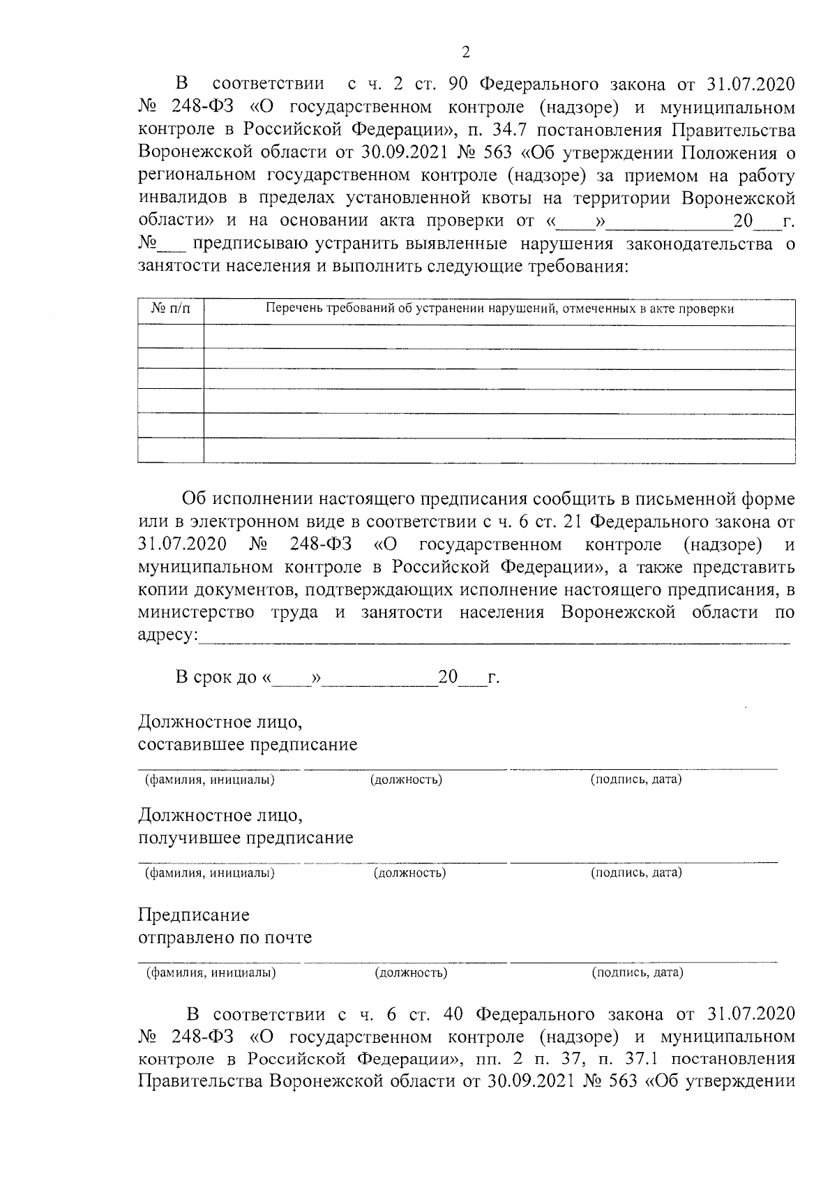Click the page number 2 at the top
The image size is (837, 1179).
[x=466, y=52]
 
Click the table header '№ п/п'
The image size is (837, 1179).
[x=171, y=309]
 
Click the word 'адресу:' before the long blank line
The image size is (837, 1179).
[x=168, y=635]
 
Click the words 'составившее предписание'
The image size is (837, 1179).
[x=248, y=745]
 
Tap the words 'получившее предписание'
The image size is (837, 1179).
[x=246, y=838]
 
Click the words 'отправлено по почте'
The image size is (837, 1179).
[x=225, y=937]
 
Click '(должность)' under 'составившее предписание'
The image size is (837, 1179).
[x=407, y=780]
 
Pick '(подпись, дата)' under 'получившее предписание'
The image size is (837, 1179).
[x=636, y=873]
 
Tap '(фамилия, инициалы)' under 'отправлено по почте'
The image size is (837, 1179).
[x=210, y=972]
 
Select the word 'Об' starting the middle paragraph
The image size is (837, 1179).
[x=195, y=499]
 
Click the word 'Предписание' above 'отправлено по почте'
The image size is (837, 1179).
[x=193, y=914]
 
